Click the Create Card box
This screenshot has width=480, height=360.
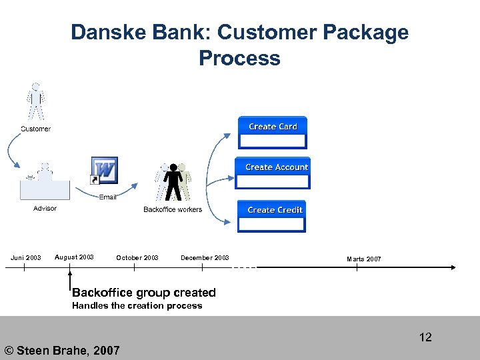click(x=273, y=132)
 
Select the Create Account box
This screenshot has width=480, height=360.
click(x=273, y=173)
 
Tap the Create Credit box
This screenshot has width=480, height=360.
click(x=272, y=216)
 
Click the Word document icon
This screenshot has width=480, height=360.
click(x=105, y=170)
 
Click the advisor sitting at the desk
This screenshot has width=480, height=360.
click(x=44, y=181)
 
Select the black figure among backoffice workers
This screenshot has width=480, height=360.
click(x=173, y=181)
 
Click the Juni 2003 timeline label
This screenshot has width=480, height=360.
click(x=25, y=257)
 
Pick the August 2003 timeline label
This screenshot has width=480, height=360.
click(x=74, y=257)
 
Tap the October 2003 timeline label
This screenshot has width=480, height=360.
click(x=137, y=257)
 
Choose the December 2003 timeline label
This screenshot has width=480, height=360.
click(x=205, y=257)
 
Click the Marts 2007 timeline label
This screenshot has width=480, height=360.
click(x=364, y=259)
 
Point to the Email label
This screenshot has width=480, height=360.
click(x=108, y=197)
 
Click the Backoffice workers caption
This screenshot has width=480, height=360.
click(x=173, y=209)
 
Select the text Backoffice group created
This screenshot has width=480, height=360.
click(x=144, y=293)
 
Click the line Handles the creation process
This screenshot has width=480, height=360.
click(x=137, y=306)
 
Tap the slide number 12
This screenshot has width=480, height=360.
click(x=425, y=337)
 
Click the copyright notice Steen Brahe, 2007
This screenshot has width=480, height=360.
click(x=62, y=350)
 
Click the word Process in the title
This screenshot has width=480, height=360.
click(x=239, y=59)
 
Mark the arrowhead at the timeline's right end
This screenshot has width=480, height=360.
click(x=453, y=267)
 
